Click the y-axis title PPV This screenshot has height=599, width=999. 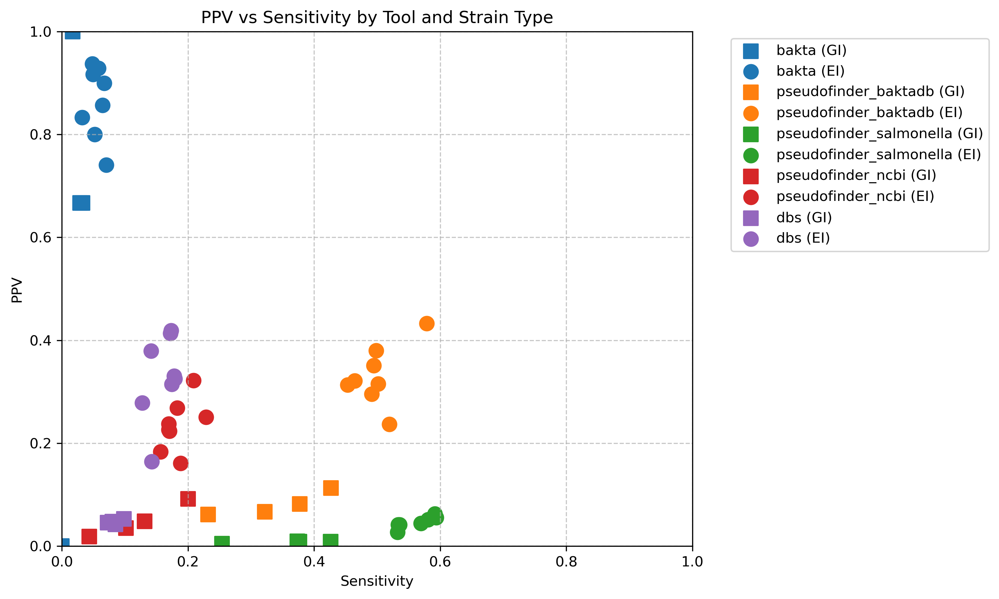[17, 289]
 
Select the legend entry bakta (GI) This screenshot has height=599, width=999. [811, 51]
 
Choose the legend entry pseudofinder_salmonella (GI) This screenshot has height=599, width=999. [879, 134]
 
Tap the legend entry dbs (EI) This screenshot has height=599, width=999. [803, 238]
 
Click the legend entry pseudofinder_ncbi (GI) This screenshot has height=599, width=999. [856, 175]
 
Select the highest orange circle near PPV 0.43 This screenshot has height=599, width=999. [427, 323]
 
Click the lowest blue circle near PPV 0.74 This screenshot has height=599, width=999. [106, 165]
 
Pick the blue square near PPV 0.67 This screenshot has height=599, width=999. [81, 203]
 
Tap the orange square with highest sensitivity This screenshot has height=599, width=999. [331, 488]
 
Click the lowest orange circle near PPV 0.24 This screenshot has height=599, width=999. [389, 424]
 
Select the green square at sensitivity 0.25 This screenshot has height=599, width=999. [222, 542]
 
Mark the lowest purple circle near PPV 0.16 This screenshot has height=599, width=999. [152, 461]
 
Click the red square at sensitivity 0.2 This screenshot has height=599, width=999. [188, 499]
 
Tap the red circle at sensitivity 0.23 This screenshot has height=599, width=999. [206, 417]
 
